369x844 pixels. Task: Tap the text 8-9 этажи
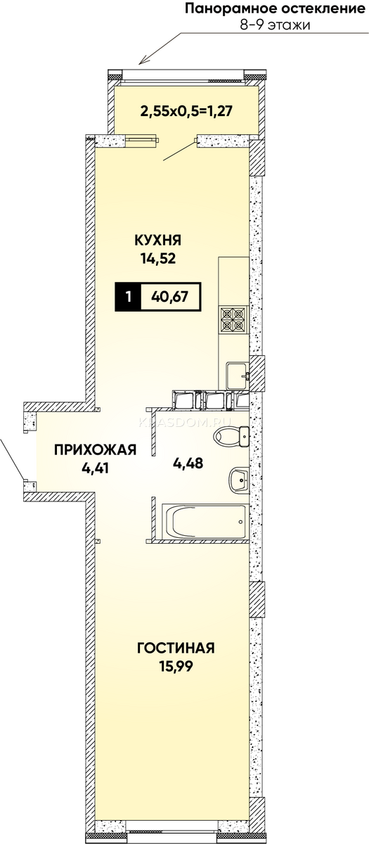[275, 25]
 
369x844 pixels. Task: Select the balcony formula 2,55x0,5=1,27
[186, 111]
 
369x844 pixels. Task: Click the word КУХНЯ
[158, 240]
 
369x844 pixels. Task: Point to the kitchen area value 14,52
[158, 259]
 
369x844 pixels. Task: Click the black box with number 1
[128, 297]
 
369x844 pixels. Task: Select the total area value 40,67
[169, 297]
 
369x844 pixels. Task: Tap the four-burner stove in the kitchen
[233, 319]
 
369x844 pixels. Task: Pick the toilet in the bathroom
[231, 436]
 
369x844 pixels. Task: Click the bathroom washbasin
[239, 480]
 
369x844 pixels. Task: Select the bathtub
[205, 522]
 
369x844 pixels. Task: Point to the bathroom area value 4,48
[188, 463]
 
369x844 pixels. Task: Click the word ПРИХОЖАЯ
[95, 449]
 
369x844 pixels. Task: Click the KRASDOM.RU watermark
[186, 423]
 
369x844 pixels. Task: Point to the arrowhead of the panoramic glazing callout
[140, 63]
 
